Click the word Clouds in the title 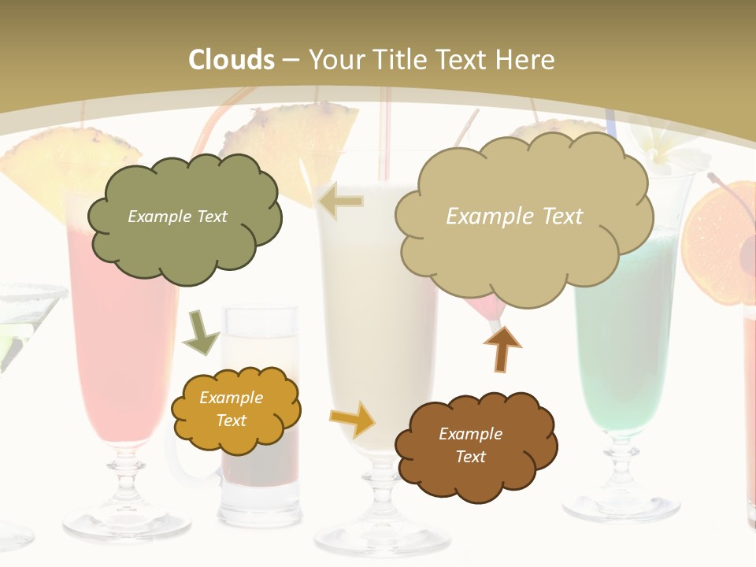point(232,60)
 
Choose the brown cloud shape point(476,446)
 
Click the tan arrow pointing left point(340,202)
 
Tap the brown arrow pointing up point(502,348)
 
